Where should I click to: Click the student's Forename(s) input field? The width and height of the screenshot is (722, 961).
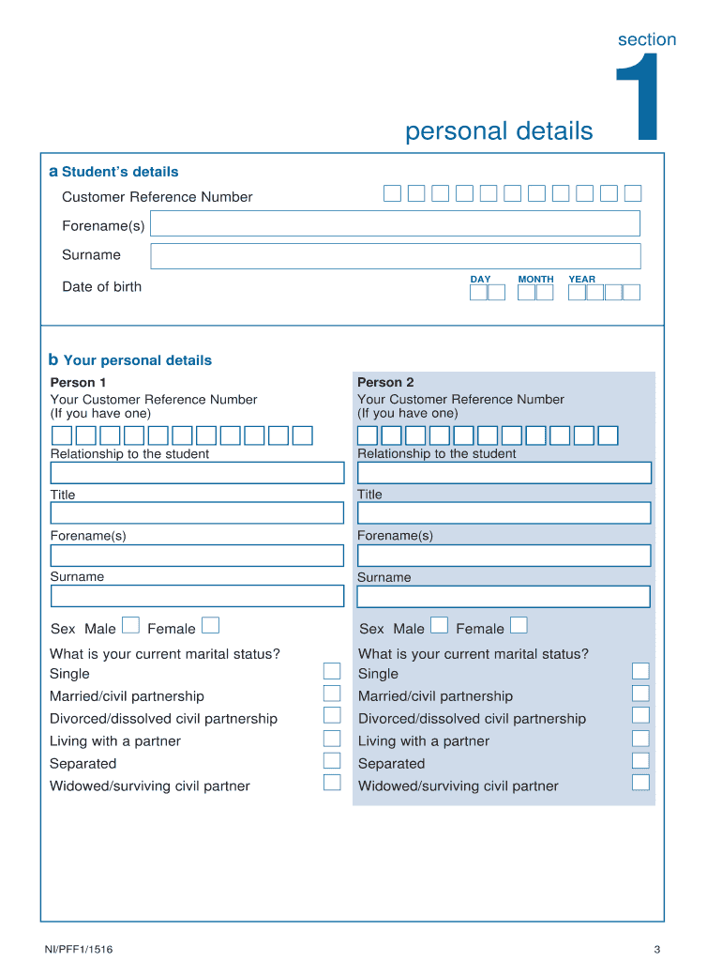point(395,223)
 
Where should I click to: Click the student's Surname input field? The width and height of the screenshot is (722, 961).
point(395,256)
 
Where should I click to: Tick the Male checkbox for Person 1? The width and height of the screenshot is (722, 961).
point(131,625)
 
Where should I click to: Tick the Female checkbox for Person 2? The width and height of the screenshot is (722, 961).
point(519,625)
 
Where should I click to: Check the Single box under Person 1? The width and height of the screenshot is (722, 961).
point(332,671)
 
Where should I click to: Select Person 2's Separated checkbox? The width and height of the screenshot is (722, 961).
point(640,761)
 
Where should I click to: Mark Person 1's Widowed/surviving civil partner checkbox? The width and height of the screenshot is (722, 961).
point(332,783)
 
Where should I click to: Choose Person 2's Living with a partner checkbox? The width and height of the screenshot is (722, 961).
point(640,739)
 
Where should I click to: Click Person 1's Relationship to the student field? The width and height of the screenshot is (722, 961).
point(197,473)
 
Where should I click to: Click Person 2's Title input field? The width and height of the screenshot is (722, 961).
point(504,512)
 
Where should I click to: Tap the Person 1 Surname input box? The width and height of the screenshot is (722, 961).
point(197,596)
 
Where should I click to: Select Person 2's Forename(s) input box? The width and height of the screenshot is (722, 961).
point(504,556)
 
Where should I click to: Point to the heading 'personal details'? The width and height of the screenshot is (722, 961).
point(499,130)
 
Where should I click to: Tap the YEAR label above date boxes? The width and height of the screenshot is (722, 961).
point(581,280)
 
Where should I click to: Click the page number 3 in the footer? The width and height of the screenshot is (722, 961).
point(657,949)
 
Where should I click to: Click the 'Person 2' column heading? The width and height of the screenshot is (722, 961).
point(385,382)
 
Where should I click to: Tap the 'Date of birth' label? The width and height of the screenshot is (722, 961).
point(101,287)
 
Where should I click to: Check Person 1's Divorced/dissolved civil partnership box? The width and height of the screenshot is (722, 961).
point(332,716)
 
